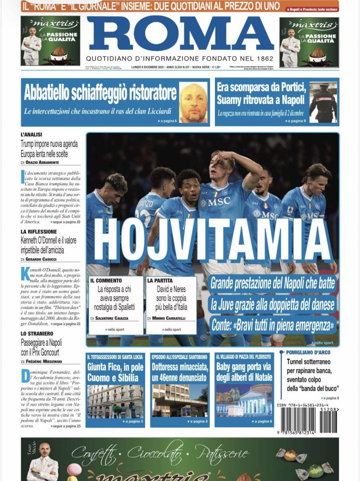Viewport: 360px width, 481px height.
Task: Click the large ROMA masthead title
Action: click(x=180, y=34)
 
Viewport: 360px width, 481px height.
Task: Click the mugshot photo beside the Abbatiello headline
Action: click(x=193, y=103)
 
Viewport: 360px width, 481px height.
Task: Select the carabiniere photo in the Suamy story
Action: click(x=323, y=103)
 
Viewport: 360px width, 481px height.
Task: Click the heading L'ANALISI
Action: click(x=32, y=134)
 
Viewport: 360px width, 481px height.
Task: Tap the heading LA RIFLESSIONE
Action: click(x=39, y=232)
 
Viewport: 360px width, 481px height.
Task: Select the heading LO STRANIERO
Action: click(x=37, y=333)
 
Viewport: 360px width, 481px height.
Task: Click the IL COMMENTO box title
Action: click(x=106, y=280)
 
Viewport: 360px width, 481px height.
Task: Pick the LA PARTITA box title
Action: click(x=160, y=280)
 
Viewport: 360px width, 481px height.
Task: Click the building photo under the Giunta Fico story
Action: click(x=115, y=401)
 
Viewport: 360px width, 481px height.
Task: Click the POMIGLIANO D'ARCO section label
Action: click(x=308, y=352)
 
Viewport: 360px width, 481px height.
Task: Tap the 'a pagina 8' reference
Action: click(x=331, y=398)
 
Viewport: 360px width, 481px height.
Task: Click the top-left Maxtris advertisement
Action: click(x=44, y=42)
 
